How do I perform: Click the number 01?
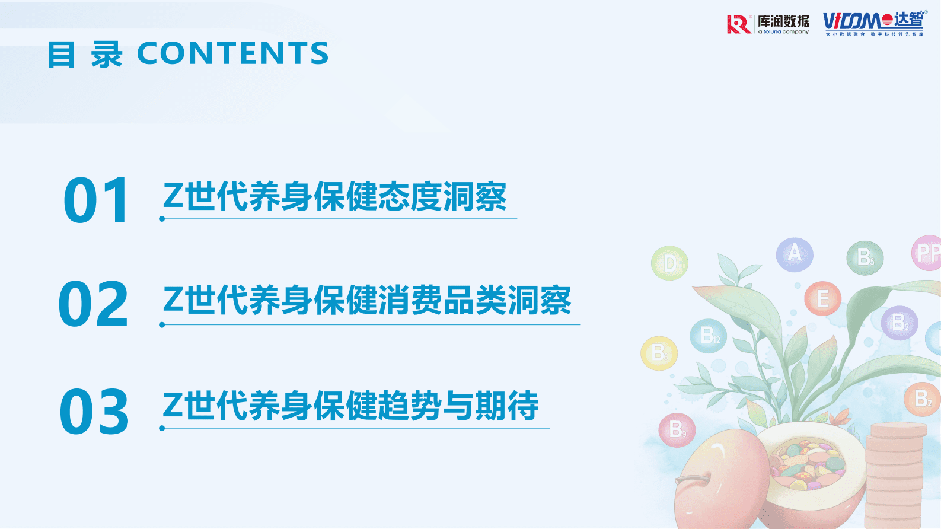pos(96,200)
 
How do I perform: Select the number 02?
pos(94,304)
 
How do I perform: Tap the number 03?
pos(94,411)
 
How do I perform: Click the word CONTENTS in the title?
pos(232,53)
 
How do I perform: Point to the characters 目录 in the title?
pos(85,55)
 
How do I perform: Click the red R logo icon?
pos(738,24)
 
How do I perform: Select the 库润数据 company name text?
pos(783,21)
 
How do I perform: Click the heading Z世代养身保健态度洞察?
pos(335,197)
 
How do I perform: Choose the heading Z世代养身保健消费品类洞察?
pos(367,301)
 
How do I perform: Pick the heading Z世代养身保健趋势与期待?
pos(351,406)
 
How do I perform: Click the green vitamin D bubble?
pos(669,263)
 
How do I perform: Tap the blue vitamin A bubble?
pos(795,254)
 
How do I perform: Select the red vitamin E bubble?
pos(822,298)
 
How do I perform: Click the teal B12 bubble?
pos(708,336)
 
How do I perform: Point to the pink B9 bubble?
pos(677,429)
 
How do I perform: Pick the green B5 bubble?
pos(865,257)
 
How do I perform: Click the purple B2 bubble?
pos(899,323)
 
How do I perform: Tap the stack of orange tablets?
pos(895,474)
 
